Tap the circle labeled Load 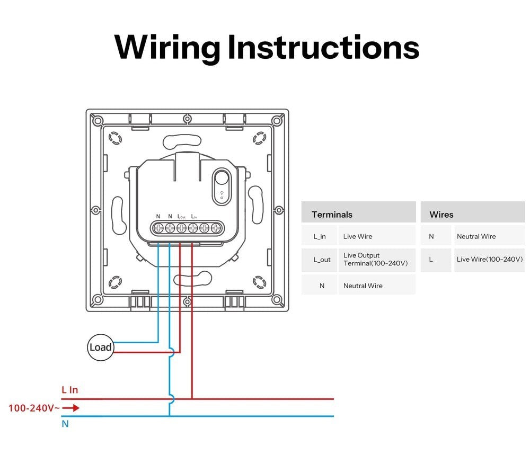(x=100, y=348)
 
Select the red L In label (x=69, y=390)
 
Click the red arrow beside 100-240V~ (x=72, y=408)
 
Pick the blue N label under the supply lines (x=65, y=424)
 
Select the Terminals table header (x=332, y=215)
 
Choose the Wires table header (x=441, y=215)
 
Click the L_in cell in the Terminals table (x=320, y=236)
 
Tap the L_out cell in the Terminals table (x=322, y=260)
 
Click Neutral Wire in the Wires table (x=476, y=236)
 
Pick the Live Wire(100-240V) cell (x=489, y=259)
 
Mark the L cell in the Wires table (x=431, y=259)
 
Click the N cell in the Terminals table (x=322, y=286)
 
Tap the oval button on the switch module (x=222, y=185)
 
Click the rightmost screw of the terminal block (x=215, y=228)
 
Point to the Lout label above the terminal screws (x=181, y=217)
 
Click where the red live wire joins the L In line (x=192, y=398)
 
